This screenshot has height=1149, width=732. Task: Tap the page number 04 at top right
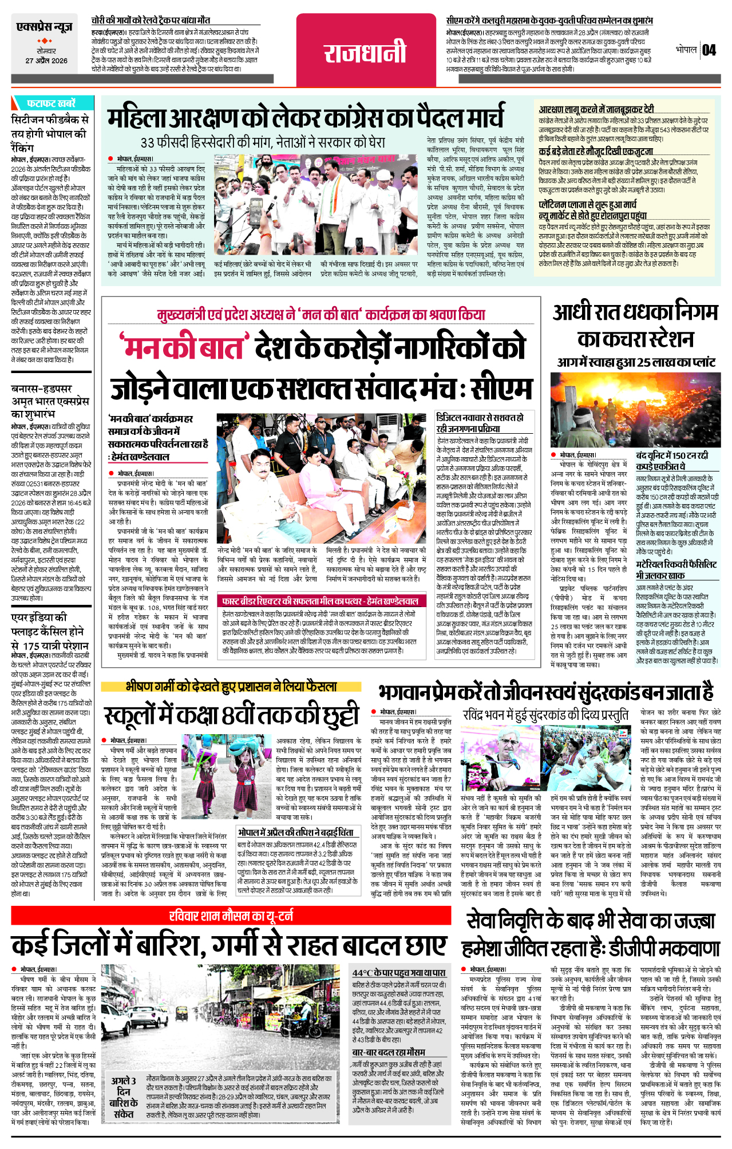[x=709, y=50]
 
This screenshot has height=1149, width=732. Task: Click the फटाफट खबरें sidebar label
[x=51, y=104]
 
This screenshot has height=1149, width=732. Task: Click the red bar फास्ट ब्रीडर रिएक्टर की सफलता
[x=321, y=601]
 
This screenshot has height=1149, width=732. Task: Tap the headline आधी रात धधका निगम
[x=635, y=325]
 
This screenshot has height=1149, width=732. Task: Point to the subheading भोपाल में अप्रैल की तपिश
[x=296, y=832]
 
